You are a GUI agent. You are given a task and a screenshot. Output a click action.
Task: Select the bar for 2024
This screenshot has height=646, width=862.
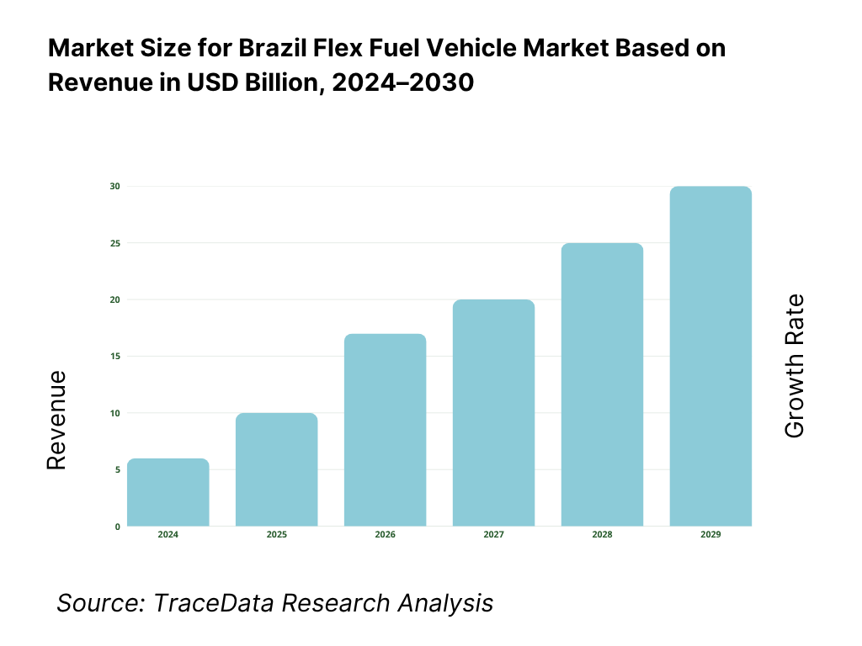point(168,492)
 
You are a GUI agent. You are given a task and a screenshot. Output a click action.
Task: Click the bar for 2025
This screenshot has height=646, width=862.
point(276,469)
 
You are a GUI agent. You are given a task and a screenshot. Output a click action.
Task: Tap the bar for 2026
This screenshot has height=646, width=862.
point(385,430)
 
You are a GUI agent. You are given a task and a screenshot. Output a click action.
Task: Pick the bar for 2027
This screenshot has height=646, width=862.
point(493,413)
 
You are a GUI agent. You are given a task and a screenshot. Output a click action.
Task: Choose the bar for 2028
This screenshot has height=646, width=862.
point(602,384)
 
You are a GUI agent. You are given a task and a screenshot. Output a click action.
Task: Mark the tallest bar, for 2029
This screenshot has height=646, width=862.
point(710,356)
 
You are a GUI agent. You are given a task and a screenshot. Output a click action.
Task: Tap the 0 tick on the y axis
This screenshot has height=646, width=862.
point(116,527)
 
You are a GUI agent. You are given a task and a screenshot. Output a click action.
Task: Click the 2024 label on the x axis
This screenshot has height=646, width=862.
point(168,535)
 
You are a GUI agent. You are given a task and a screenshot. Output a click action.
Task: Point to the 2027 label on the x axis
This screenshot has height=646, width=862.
point(493,535)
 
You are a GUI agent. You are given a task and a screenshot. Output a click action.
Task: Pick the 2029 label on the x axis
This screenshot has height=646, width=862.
point(710,535)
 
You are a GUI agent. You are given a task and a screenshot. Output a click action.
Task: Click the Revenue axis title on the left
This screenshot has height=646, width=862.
point(56,419)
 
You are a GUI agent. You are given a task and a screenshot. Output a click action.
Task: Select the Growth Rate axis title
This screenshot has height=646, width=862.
point(794,366)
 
